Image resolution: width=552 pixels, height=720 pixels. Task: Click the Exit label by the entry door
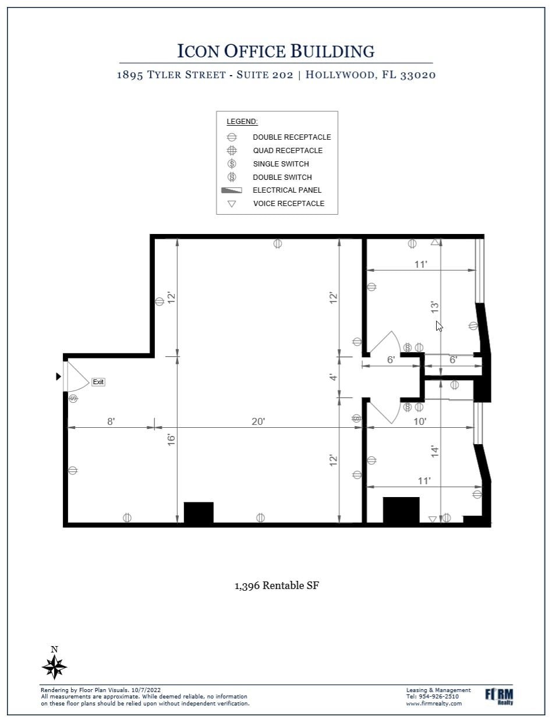[98, 382]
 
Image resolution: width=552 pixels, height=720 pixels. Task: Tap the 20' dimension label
[259, 421]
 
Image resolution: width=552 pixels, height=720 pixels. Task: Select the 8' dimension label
[111, 421]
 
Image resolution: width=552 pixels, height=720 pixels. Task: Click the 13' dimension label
[434, 307]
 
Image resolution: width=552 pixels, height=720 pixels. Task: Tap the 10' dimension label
[420, 421]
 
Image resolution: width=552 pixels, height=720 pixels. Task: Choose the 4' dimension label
[333, 377]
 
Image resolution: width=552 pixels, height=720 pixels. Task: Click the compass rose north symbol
[55, 665]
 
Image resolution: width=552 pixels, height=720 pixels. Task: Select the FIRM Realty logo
[499, 696]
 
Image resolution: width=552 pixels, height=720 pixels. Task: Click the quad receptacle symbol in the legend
[232, 151]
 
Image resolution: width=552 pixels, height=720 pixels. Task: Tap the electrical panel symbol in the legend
[231, 190]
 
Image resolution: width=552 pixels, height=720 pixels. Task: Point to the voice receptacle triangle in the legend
[232, 204]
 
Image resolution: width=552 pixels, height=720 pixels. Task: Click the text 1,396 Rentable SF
[277, 586]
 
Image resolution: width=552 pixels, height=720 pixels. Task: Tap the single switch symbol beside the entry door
[73, 399]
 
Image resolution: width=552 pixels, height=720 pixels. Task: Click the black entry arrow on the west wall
[58, 377]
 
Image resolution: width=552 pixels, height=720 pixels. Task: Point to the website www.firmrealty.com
[434, 703]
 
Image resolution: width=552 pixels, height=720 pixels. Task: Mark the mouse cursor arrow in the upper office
[439, 326]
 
